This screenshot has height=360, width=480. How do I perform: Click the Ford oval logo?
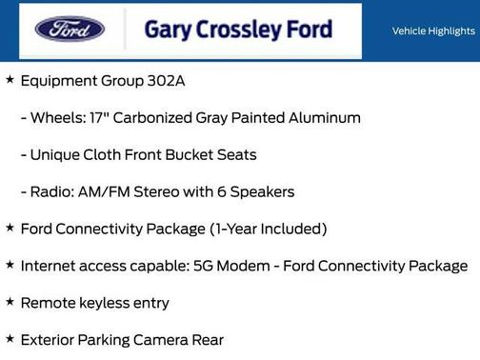(70, 30)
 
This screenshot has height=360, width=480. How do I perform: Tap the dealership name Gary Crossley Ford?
(238, 30)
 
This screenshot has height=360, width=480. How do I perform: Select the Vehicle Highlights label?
(433, 30)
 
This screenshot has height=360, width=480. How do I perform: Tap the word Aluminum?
(324, 118)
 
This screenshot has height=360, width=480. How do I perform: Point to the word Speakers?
(262, 191)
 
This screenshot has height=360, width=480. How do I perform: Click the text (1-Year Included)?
(269, 229)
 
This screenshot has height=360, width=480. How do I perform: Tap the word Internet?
(50, 267)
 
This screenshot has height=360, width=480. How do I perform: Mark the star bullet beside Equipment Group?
(10, 80)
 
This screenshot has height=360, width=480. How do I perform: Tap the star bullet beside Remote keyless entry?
(10, 302)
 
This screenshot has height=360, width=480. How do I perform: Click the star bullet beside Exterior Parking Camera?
(10, 339)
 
